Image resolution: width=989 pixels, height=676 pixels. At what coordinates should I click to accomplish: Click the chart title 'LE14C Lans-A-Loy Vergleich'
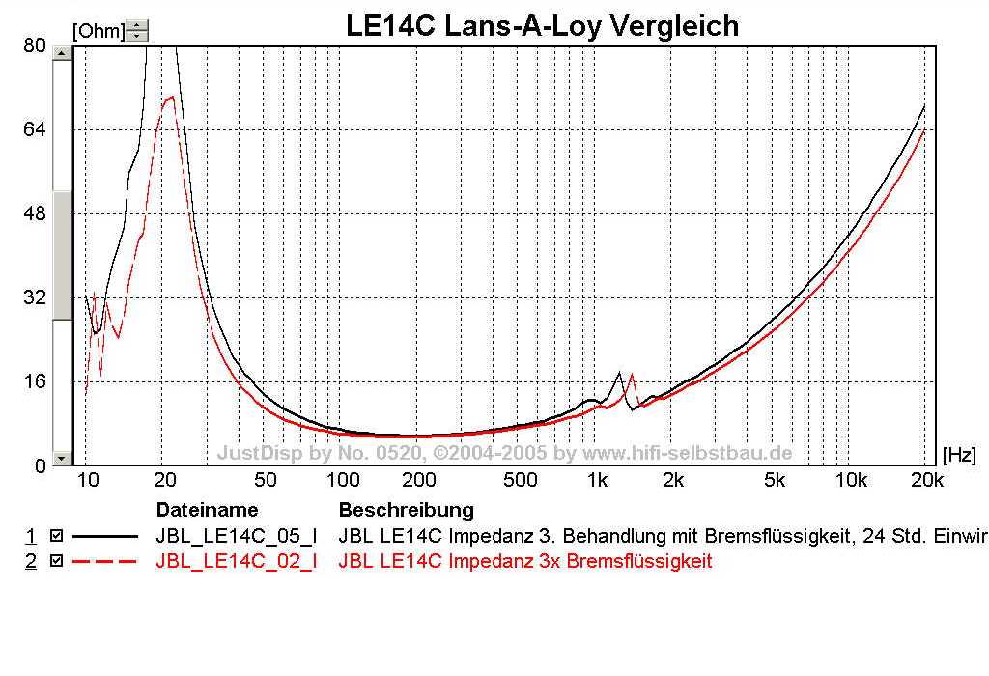pyautogui.click(x=542, y=26)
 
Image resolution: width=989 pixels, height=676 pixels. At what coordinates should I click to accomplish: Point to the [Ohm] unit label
pyautogui.click(x=99, y=31)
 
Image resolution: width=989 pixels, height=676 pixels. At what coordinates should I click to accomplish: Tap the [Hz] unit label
pyautogui.click(x=959, y=452)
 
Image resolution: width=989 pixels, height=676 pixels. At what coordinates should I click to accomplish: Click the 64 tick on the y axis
pyautogui.click(x=34, y=129)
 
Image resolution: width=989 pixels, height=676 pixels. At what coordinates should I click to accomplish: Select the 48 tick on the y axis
pyautogui.click(x=34, y=213)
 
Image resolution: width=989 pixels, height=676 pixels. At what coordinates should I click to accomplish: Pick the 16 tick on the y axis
pyautogui.click(x=34, y=380)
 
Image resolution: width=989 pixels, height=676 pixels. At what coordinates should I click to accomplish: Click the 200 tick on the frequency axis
pyautogui.click(x=419, y=480)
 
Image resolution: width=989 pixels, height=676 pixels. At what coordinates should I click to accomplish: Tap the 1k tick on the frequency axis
pyautogui.click(x=597, y=480)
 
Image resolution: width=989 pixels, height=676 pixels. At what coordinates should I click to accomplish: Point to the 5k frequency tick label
pyautogui.click(x=775, y=480)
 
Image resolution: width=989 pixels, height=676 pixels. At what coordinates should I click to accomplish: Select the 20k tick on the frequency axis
pyautogui.click(x=926, y=480)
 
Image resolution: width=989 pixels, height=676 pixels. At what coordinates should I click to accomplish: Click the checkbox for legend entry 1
pyautogui.click(x=56, y=534)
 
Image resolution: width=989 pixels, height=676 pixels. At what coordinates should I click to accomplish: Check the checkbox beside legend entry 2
pyautogui.click(x=56, y=561)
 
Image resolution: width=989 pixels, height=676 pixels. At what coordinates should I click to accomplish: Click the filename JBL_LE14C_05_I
pyautogui.click(x=236, y=534)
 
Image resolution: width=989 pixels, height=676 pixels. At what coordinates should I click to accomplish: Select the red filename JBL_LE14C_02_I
pyautogui.click(x=236, y=561)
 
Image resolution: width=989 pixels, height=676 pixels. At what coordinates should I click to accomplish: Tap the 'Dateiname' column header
pyautogui.click(x=207, y=509)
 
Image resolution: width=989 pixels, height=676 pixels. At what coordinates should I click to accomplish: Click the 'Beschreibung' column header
pyautogui.click(x=406, y=509)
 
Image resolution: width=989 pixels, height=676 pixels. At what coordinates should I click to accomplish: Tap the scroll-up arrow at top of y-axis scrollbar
pyautogui.click(x=62, y=53)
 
